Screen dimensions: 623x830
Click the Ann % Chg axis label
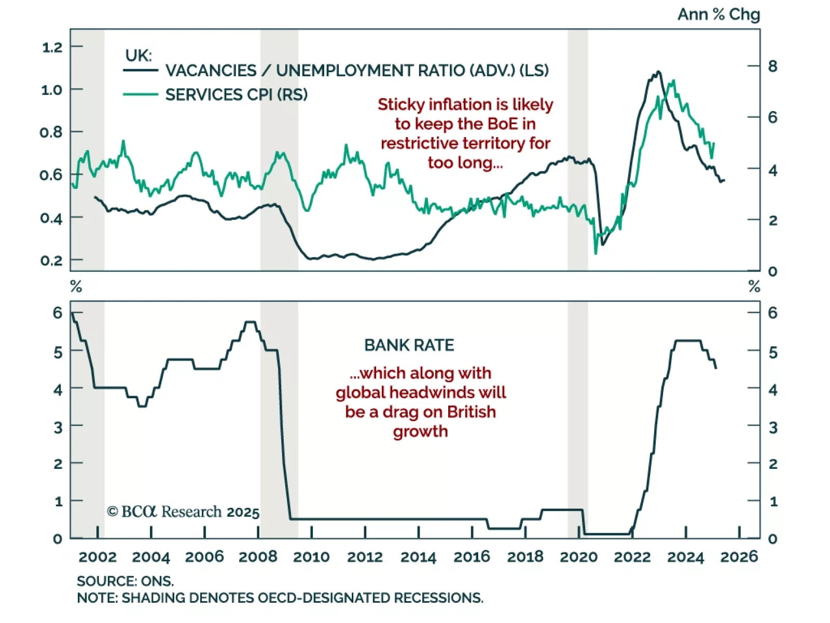tap(718, 15)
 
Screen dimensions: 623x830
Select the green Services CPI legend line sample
tap(140, 94)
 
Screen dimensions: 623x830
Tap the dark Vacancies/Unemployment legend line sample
tap(140, 70)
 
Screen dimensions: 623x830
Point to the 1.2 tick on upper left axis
tap(52, 47)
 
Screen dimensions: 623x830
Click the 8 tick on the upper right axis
tap(772, 66)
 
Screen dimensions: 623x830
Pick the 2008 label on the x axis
tap(258, 557)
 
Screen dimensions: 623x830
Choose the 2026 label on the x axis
tap(739, 557)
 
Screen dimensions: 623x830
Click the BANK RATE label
tap(409, 345)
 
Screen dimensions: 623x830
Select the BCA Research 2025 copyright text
tap(183, 512)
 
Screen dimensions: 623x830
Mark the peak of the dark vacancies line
tap(658, 72)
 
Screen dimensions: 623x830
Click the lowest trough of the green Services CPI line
tap(596, 253)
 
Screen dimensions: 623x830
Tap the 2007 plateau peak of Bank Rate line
tap(251, 322)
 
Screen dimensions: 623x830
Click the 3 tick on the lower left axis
tap(58, 427)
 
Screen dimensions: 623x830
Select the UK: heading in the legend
tap(138, 55)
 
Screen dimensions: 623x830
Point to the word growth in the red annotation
tap(420, 431)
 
